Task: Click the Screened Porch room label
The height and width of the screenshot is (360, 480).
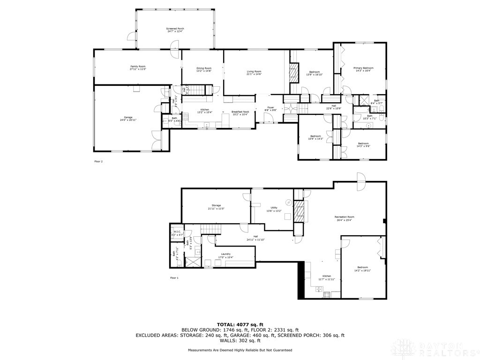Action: [174, 29]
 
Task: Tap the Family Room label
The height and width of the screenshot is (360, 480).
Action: [138, 67]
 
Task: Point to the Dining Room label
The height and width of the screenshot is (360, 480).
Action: [204, 68]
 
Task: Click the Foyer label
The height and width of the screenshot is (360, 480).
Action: [270, 107]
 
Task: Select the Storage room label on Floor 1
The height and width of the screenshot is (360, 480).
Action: [216, 205]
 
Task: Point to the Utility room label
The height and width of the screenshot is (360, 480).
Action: [274, 208]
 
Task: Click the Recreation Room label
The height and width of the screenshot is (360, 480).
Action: [344, 217]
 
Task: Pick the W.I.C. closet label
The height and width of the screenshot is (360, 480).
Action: [177, 231]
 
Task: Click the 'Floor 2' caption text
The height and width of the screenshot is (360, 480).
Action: [98, 161]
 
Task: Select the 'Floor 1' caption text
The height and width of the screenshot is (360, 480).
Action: [174, 278]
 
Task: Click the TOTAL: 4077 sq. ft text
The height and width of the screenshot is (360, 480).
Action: [240, 324]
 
